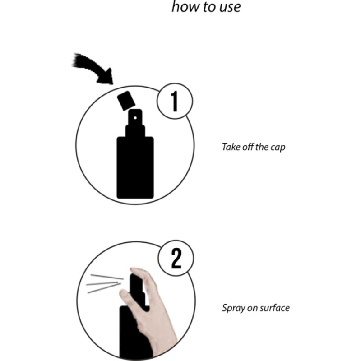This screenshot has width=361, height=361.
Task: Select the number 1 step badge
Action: (x=175, y=101)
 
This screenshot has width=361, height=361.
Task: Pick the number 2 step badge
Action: (x=176, y=258)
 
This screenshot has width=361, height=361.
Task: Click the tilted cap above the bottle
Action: (x=126, y=101)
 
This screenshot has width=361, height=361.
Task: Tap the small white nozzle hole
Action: (x=135, y=118)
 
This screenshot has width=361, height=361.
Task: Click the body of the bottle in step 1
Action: (x=135, y=167)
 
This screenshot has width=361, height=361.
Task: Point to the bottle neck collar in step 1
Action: (x=135, y=130)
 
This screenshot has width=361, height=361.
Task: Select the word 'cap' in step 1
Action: (x=278, y=148)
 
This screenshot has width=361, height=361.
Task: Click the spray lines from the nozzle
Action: (x=105, y=283)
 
